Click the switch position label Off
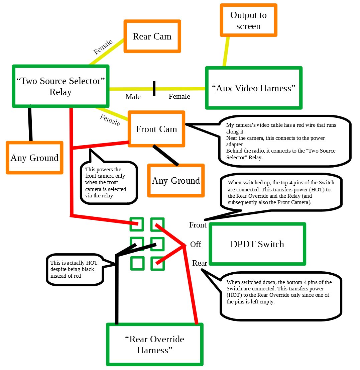click(196, 244)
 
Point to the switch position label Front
click(198, 225)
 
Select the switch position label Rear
click(200, 263)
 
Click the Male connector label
click(133, 97)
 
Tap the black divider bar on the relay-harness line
click(154, 89)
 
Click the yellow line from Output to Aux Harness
click(226, 52)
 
